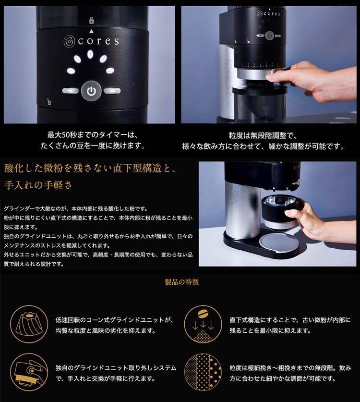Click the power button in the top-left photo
91,91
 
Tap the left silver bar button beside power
71,90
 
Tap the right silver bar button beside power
112,90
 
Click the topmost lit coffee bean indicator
90,54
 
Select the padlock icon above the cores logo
92,21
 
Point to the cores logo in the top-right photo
268,13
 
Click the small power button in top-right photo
269,36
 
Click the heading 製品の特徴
181,282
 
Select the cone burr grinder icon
29,324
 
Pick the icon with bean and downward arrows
203,324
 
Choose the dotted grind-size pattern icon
203,372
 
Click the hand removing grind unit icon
29,372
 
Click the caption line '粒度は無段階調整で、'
263,135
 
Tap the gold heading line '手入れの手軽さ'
38,185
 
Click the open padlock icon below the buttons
48,102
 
